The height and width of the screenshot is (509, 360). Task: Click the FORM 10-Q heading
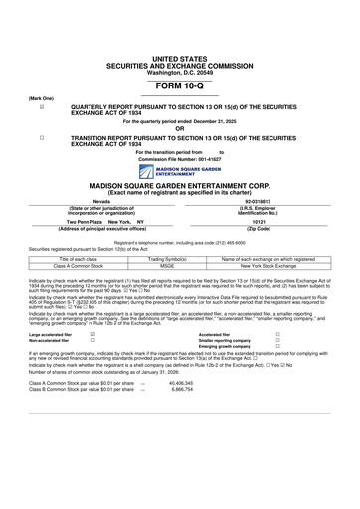click(x=179, y=88)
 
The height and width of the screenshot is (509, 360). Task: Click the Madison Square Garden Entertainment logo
click(x=179, y=169)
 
